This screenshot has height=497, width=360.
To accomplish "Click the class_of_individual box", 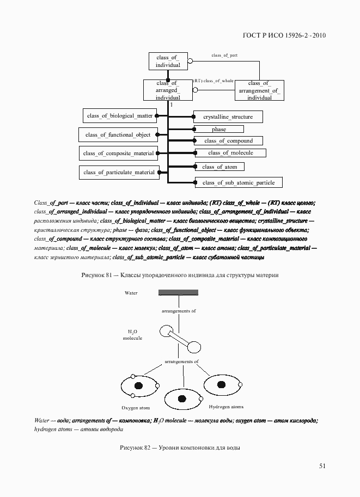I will (168, 62).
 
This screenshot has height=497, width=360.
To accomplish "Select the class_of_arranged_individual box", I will (168, 90).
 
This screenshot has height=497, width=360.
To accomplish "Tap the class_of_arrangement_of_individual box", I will (259, 90).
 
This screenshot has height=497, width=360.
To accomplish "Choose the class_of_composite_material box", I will (118, 154).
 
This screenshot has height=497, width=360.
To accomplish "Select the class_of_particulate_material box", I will (119, 173).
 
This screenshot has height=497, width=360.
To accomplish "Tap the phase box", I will (219, 130).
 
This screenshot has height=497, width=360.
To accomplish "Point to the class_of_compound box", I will (228, 141).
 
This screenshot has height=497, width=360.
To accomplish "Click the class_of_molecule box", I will (230, 153).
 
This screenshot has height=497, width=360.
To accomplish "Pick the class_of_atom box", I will (219, 167).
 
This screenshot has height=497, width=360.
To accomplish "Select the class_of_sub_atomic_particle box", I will (238, 183).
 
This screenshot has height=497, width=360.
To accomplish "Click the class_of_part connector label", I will (224, 56).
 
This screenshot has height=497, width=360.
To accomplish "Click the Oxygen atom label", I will (136, 408).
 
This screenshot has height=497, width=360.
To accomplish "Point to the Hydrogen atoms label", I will (226, 407).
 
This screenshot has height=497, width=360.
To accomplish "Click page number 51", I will (322, 466).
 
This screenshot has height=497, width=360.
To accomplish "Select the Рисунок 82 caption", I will (180, 448).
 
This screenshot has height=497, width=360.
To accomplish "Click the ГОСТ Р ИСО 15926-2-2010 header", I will (283, 36).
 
